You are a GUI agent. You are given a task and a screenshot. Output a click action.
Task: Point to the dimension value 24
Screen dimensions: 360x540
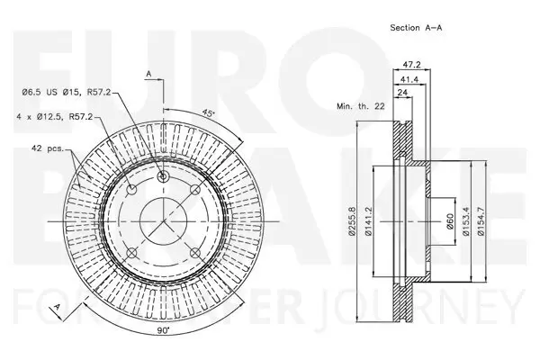(402, 94)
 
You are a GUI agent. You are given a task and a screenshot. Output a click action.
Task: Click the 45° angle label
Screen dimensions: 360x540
(210, 114)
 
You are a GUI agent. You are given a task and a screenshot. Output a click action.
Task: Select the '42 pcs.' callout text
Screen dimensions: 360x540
(48, 148)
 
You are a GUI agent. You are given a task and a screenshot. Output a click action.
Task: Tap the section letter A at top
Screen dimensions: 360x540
(148, 73)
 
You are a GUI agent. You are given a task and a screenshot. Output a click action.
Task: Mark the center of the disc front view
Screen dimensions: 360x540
(163, 217)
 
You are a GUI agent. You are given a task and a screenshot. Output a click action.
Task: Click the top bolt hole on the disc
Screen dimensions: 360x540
(163, 177)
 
